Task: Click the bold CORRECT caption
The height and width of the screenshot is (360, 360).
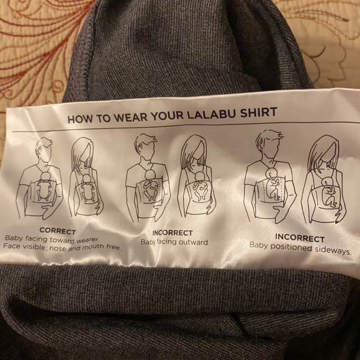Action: pos(57,231)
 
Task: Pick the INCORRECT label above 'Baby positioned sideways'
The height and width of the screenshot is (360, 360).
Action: pos(299,238)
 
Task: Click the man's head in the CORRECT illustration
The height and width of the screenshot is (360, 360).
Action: pos(43,150)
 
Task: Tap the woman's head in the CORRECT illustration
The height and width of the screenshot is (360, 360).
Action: pos(82,151)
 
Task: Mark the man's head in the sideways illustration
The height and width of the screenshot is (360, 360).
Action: pos(269,143)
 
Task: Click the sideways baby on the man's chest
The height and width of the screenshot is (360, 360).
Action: pos(271,186)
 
